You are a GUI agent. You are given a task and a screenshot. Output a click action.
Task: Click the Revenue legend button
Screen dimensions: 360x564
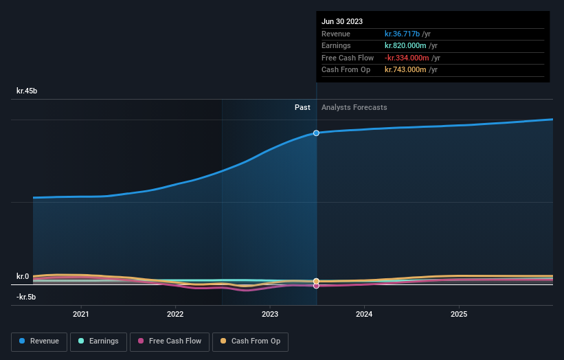(39, 341)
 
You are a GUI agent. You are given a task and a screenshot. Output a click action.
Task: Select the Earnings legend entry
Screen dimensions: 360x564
(98, 341)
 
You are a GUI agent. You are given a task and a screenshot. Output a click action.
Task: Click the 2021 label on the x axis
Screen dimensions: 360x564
(81, 314)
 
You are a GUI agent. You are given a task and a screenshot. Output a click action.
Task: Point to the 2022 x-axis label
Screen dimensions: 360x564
(175, 314)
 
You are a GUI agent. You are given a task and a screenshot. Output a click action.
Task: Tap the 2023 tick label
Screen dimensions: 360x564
(270, 314)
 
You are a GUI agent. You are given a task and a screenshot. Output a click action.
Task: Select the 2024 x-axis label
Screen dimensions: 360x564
(364, 314)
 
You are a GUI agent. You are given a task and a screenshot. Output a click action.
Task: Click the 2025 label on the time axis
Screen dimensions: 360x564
(459, 314)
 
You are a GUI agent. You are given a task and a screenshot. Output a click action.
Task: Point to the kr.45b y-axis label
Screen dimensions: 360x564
(27, 91)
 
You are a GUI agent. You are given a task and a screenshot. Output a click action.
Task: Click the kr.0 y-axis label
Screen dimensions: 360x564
(23, 276)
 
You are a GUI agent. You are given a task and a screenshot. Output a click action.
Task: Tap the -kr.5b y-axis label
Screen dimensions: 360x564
(26, 297)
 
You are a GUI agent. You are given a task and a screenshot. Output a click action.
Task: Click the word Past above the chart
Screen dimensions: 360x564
(302, 107)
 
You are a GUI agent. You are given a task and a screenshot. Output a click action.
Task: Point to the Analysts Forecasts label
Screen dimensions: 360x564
(354, 107)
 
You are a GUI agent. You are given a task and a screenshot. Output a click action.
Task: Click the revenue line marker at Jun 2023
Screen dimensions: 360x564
(316, 133)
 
